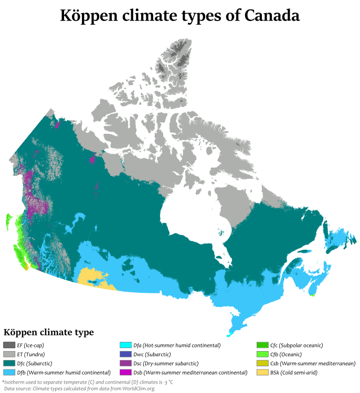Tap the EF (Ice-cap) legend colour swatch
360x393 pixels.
click(x=9, y=345)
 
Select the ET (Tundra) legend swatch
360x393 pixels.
click(x=9, y=354)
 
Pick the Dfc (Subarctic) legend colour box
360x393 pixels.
click(x=9, y=363)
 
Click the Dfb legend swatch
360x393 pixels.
click(x=9, y=372)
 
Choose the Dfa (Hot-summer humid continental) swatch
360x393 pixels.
click(x=126, y=345)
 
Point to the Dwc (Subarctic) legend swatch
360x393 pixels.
click(x=126, y=354)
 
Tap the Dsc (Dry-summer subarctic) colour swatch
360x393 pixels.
click(x=126, y=363)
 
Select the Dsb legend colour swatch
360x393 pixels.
click(x=126, y=372)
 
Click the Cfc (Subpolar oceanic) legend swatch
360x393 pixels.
click(x=262, y=345)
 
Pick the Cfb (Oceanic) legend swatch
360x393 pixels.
click(x=262, y=354)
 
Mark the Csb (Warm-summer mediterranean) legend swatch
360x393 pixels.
click(x=262, y=363)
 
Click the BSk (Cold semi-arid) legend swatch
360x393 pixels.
click(x=262, y=372)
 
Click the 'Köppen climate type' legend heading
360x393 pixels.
click(x=49, y=333)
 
